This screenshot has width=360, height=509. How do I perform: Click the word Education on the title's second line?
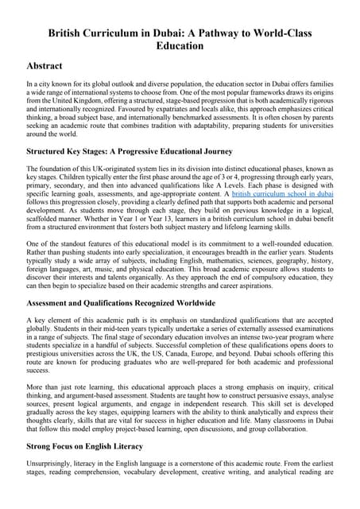point(180,47)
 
